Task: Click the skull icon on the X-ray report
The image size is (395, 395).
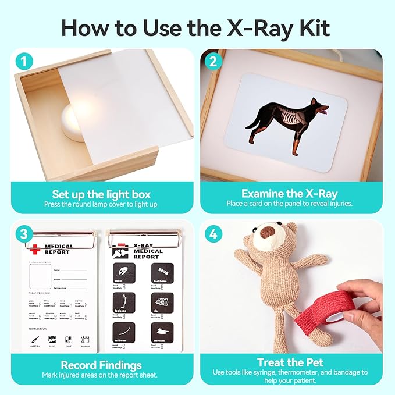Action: (123, 272)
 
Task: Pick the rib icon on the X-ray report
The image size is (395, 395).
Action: (163, 302)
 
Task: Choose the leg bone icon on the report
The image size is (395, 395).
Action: (123, 302)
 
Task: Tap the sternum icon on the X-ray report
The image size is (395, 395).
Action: (163, 332)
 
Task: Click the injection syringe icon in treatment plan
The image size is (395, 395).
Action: (36, 340)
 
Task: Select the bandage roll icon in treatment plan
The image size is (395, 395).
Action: (85, 340)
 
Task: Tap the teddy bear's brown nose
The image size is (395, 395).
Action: (268, 232)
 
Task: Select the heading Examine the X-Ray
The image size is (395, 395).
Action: (289, 194)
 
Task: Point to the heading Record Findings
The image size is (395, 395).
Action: (101, 365)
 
